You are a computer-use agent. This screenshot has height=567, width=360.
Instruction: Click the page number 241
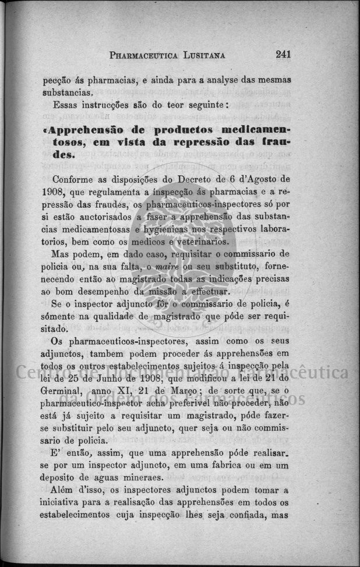pos(283,54)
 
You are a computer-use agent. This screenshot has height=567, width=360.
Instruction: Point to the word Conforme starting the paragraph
pos(71,179)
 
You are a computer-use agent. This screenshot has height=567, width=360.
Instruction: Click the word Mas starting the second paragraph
pos(61,254)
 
